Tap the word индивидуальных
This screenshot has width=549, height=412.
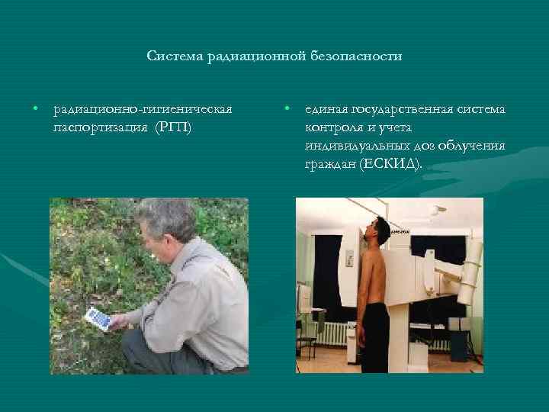pyautogui.click(x=355, y=146)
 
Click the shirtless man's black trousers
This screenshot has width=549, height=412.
pyautogui.click(x=375, y=336)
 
